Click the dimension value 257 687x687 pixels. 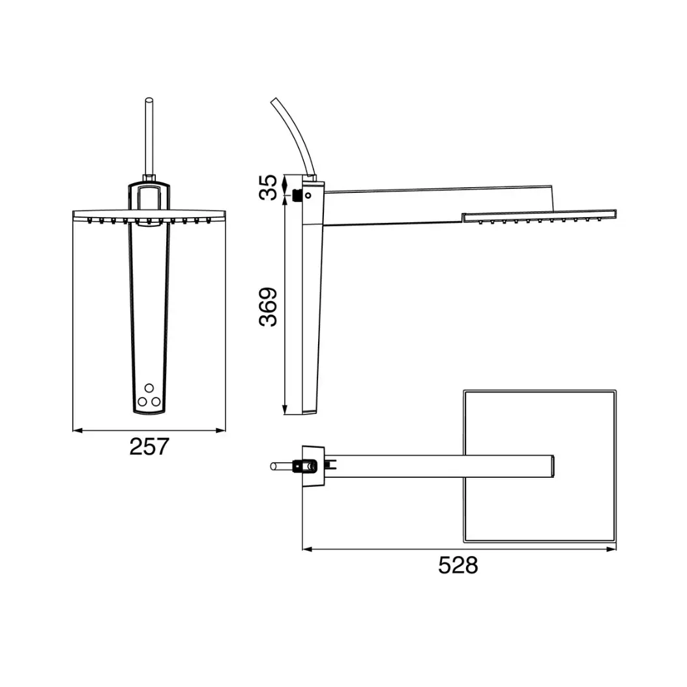pos(149,446)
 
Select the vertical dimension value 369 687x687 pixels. pos(268,307)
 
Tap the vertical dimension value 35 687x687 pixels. pos(268,188)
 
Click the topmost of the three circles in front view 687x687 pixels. pos(149,388)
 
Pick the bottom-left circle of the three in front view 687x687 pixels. pos(142,402)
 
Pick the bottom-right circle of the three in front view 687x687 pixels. pos(156,402)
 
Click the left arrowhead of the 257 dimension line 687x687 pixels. pos(77,431)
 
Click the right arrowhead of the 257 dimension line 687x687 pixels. pos(221,431)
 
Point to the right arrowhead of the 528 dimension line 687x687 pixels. pos(611,549)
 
